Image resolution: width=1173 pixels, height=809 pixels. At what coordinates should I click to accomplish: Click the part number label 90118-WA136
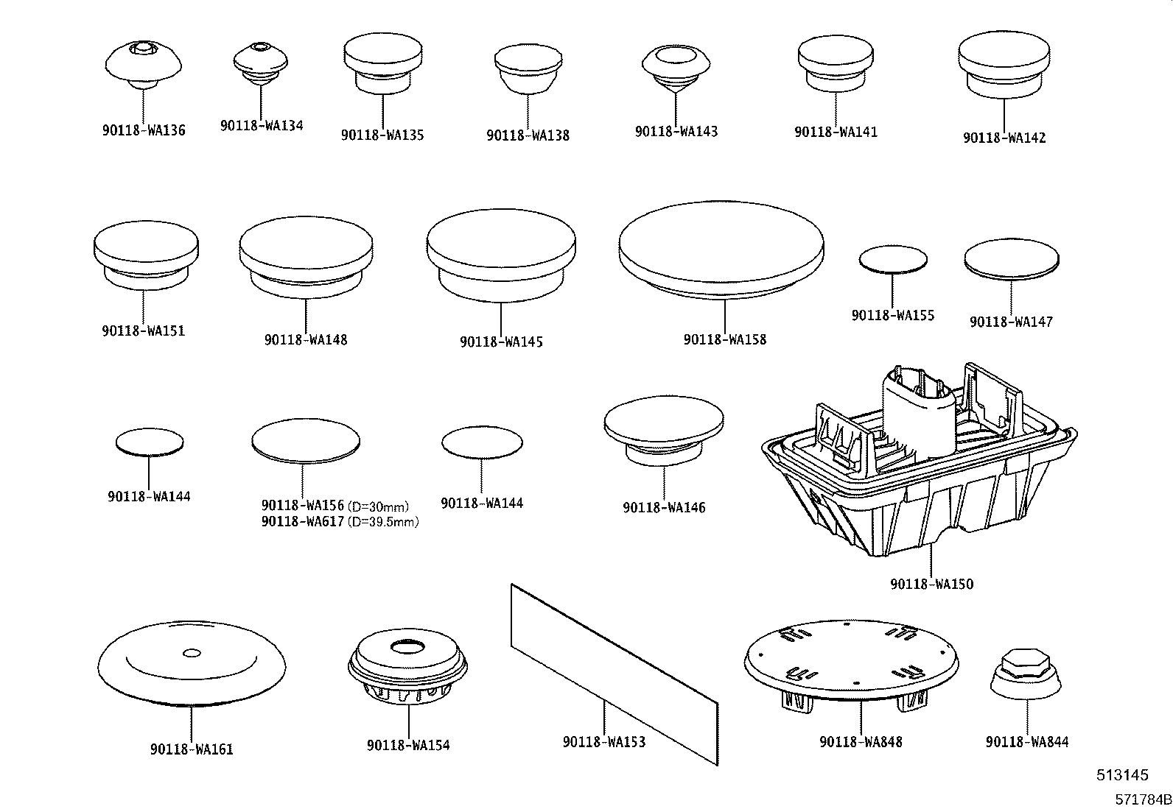tap(144, 131)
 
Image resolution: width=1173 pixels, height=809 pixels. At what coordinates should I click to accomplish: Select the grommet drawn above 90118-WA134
tap(260, 60)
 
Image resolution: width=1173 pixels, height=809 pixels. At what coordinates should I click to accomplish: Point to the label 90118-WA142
tap(1004, 138)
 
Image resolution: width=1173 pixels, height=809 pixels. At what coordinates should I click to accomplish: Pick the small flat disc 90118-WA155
tap(892, 259)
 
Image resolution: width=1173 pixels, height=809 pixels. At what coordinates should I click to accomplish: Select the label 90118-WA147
tap(1011, 322)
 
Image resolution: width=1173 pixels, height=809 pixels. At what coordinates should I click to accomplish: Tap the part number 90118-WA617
tap(302, 522)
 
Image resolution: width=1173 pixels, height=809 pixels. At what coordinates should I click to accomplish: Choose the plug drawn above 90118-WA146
tap(663, 426)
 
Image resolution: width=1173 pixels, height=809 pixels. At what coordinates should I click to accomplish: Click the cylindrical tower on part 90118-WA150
tap(919, 412)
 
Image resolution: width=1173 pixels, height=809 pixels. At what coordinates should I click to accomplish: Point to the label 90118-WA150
tap(931, 584)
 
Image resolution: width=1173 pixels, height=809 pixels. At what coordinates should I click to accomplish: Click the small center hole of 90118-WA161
tap(191, 651)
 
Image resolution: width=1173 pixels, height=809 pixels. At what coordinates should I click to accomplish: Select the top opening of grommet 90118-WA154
tap(407, 647)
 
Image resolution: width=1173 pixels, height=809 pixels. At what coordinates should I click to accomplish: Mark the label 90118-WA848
tap(861, 743)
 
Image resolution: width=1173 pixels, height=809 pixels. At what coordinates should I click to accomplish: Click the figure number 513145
tap(1122, 774)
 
